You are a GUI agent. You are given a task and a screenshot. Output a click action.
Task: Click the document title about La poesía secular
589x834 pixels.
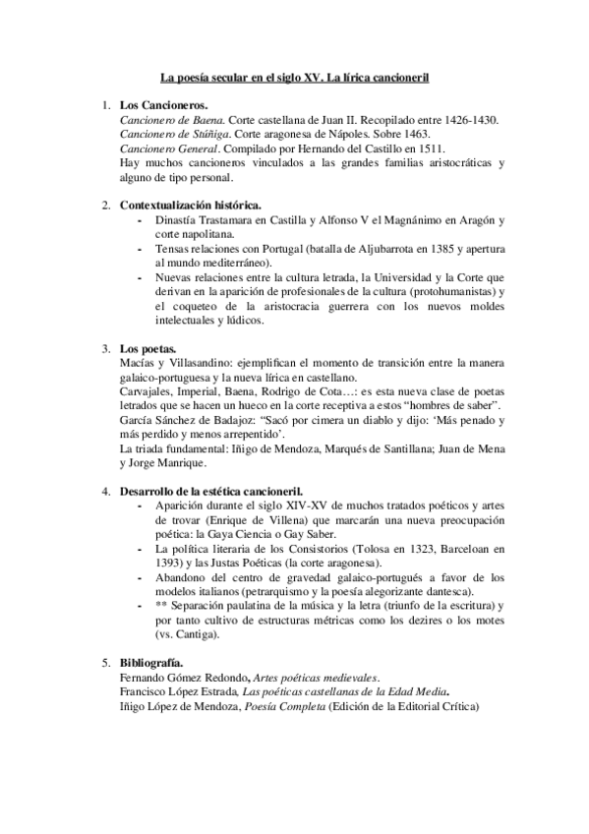[295, 76]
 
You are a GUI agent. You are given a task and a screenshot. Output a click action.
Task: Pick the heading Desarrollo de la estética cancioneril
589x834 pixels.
[211, 490]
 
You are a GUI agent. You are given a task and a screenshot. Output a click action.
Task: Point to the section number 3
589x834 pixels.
[106, 349]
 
